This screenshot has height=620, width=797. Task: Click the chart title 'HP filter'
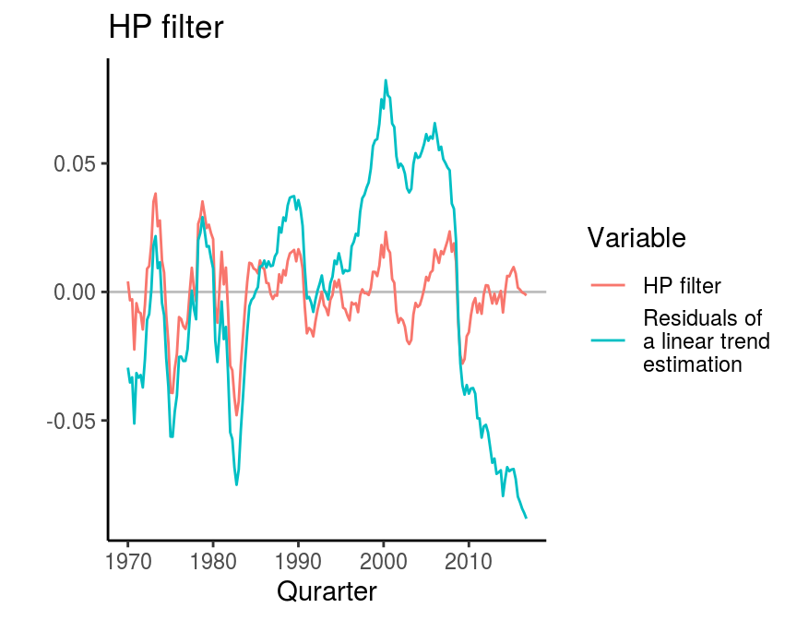tap(166, 27)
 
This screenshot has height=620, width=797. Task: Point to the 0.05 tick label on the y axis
tap(75, 164)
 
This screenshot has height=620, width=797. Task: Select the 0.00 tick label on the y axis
tap(75, 292)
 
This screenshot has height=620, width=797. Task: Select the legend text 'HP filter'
tap(682, 285)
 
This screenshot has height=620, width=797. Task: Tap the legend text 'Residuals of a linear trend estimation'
tap(703, 341)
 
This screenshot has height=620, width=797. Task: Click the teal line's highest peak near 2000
tap(386, 80)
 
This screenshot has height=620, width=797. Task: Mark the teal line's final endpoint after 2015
tap(526, 518)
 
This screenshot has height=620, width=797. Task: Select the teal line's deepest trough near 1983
tap(236, 484)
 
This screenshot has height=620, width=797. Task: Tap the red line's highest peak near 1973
tap(156, 194)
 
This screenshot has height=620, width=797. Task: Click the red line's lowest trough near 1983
tap(236, 415)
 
